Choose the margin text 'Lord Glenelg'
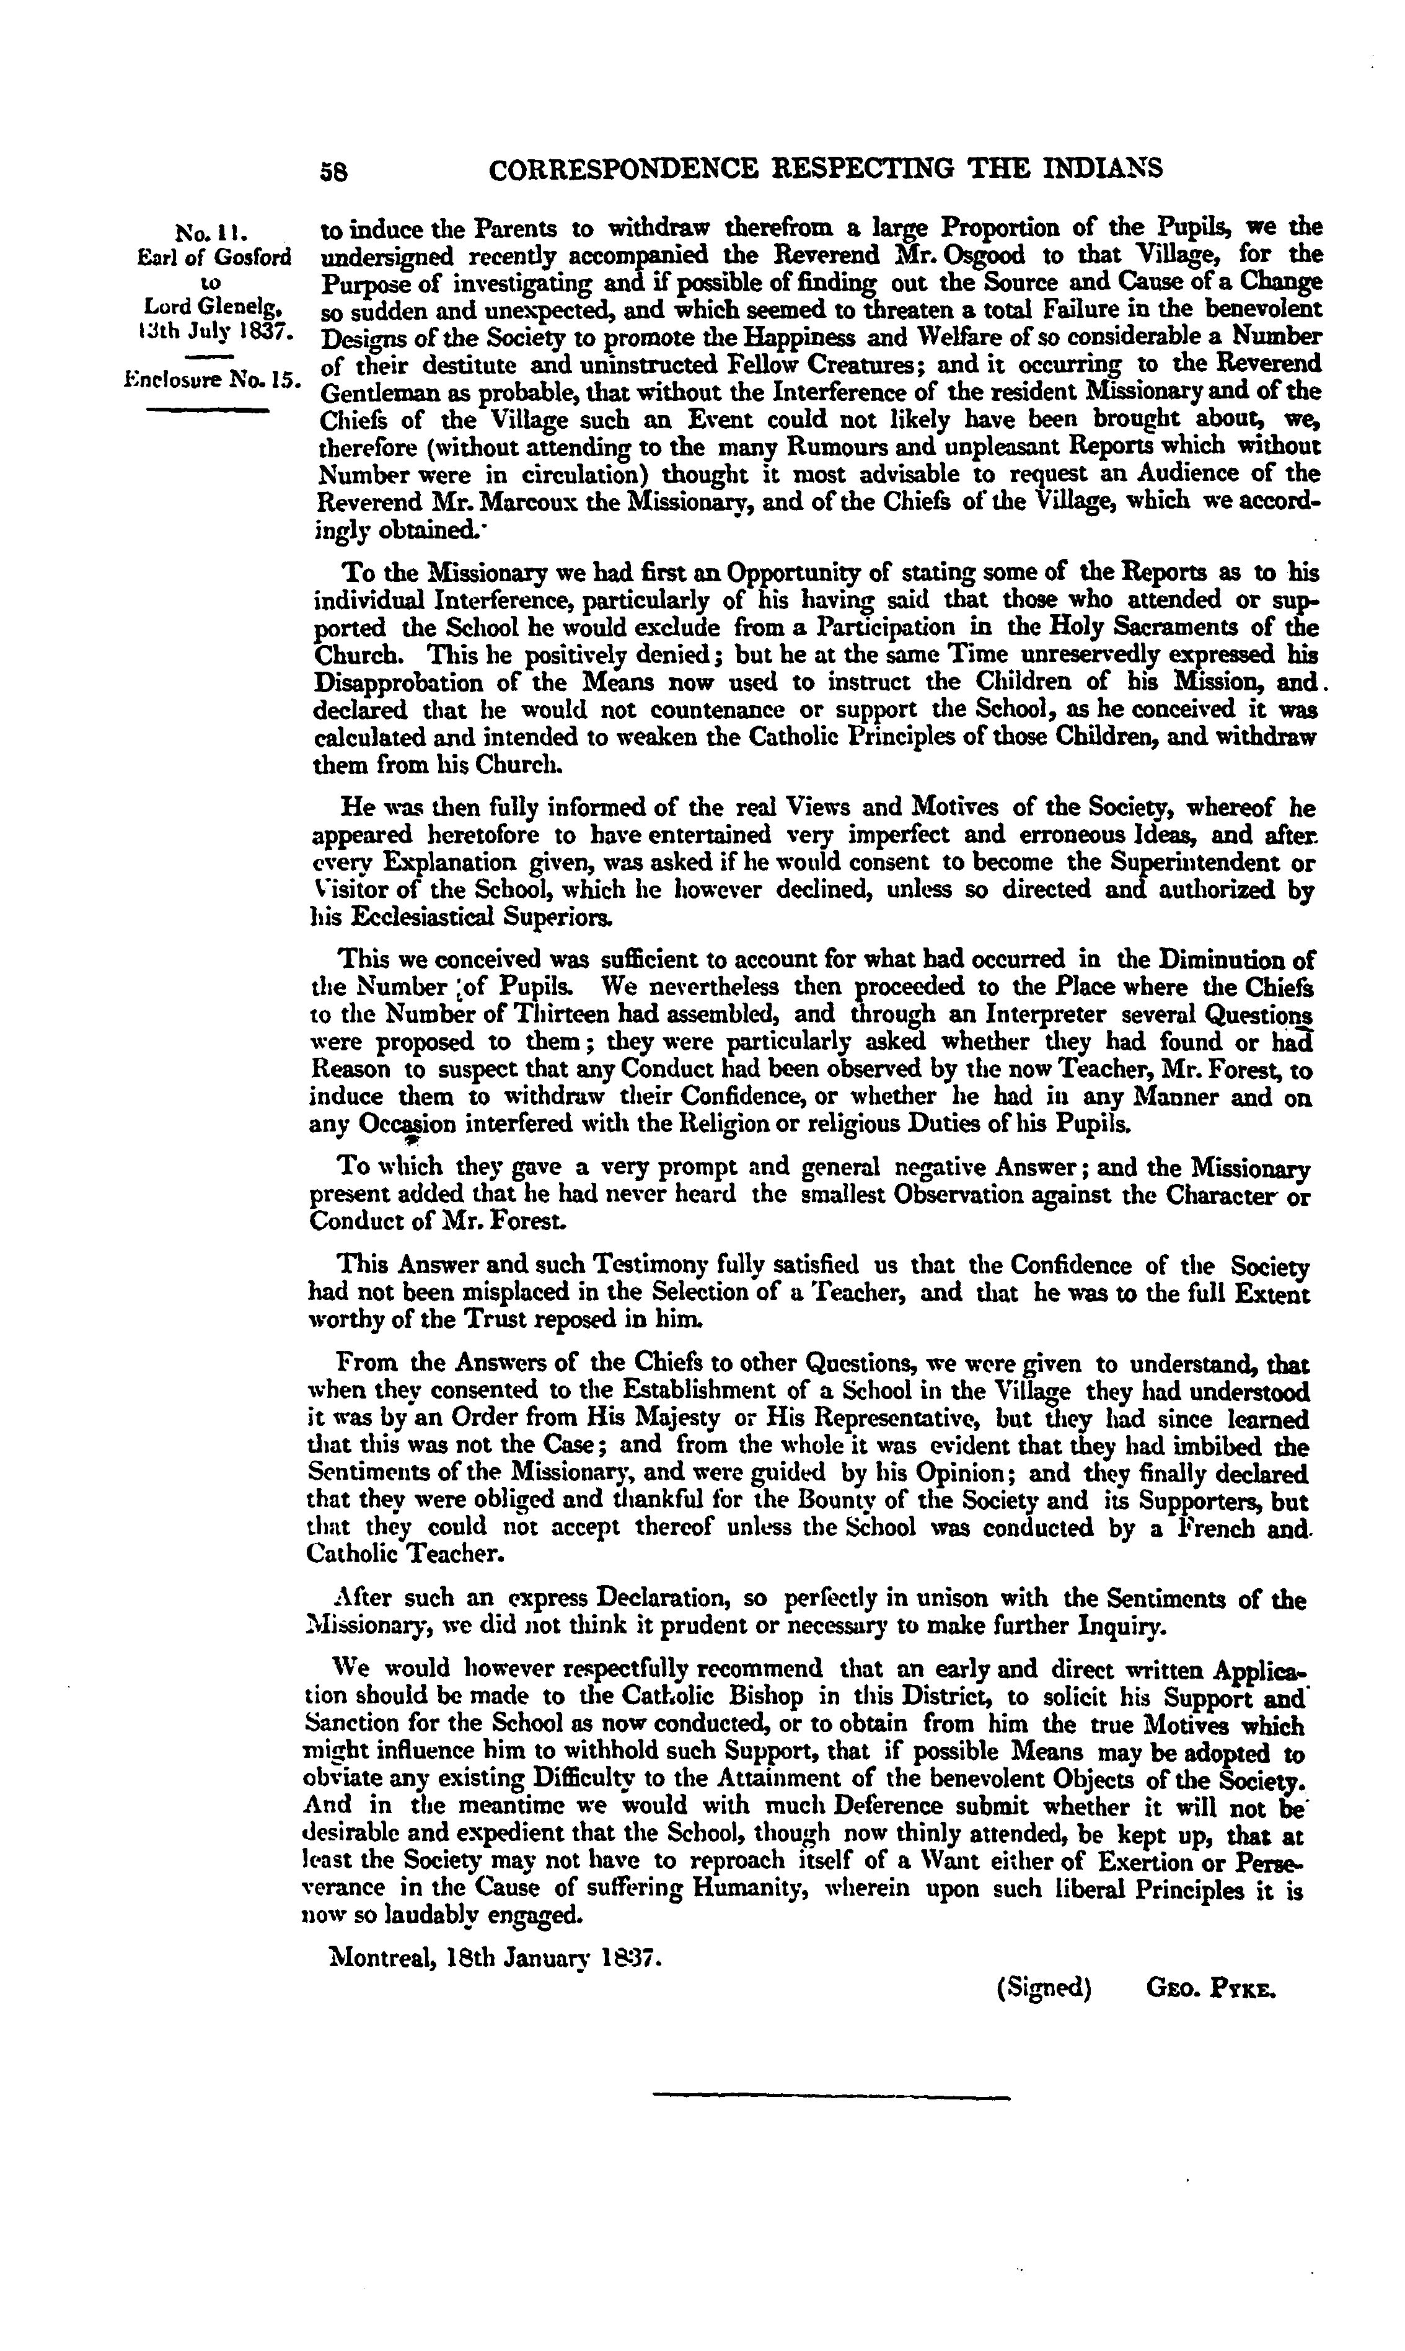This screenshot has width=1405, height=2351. click(x=216, y=307)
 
